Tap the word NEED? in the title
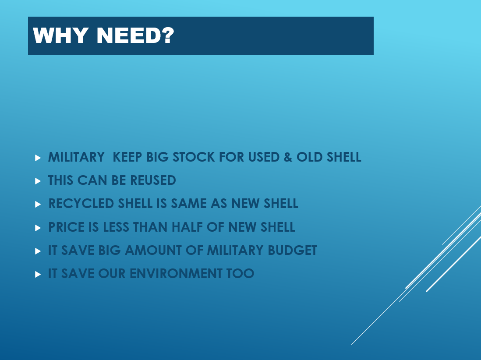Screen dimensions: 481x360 (135, 35)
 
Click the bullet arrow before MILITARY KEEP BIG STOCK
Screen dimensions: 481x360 (38, 158)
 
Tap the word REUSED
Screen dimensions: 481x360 (153, 180)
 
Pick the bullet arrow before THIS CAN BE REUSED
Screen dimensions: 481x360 (38, 181)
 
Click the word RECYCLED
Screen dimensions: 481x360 (81, 204)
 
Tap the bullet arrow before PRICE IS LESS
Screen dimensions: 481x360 (38, 228)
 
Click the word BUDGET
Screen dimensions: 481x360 (292, 250)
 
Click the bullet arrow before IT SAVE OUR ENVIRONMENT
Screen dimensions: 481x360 (38, 275)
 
